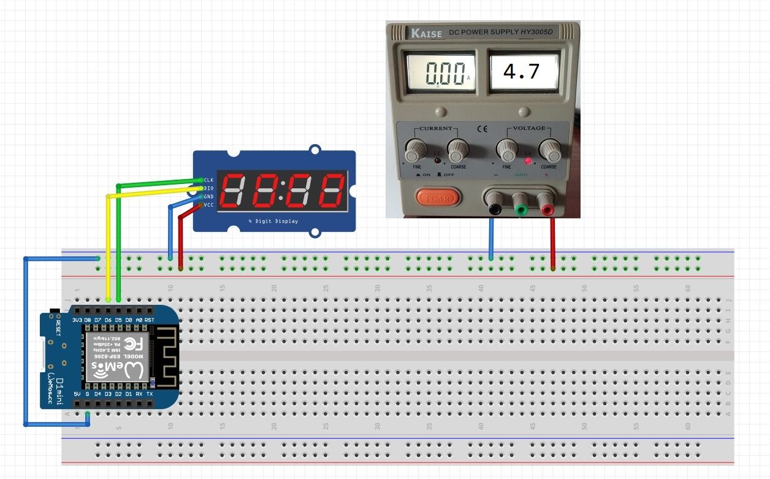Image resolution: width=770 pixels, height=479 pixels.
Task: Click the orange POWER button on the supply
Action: point(438,198)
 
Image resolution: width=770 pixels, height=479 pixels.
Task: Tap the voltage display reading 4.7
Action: point(522,72)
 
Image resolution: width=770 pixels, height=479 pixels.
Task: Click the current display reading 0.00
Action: point(439,72)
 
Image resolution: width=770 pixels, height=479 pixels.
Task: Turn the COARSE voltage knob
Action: point(549,149)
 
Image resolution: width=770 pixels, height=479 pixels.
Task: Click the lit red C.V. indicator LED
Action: point(527,161)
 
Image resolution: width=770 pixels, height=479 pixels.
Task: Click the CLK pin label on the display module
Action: point(208,180)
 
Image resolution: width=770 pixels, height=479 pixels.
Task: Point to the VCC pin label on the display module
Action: point(208,205)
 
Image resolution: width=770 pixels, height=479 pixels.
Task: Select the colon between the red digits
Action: point(281,190)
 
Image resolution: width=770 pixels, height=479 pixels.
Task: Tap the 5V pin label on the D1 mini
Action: point(77,393)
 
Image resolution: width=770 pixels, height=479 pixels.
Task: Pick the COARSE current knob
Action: point(457,149)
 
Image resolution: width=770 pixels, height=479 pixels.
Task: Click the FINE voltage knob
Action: point(507,149)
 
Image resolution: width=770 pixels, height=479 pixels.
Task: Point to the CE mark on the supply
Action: point(482,129)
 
